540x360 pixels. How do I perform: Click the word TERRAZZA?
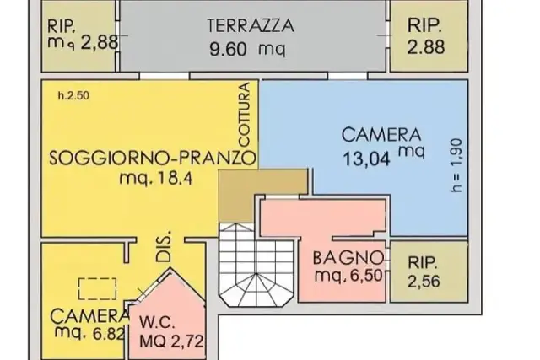[251, 26]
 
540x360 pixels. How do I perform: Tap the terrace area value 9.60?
[228, 50]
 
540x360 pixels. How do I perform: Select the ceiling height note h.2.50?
[73, 95]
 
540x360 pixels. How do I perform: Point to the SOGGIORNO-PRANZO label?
[153, 159]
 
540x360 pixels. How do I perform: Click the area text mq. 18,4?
[155, 178]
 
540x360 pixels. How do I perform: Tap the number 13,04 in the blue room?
[366, 159]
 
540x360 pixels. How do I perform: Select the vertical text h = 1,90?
[456, 165]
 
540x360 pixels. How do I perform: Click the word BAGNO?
[348, 257]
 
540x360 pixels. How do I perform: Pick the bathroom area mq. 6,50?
[348, 275]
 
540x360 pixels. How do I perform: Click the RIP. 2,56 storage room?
[429, 271]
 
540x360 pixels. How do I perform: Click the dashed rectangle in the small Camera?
[97, 288]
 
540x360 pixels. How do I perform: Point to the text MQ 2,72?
[171, 341]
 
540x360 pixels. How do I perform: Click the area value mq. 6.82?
[89, 333]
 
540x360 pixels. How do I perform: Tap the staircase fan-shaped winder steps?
[256, 288]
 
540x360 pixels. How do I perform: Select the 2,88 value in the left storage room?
[100, 43]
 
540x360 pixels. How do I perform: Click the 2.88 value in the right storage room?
[426, 47]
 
